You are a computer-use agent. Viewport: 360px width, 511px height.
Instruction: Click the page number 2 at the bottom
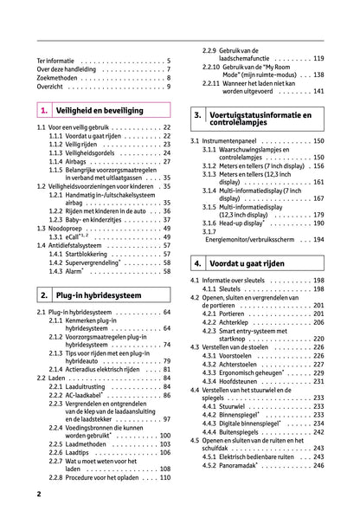pos(39,493)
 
